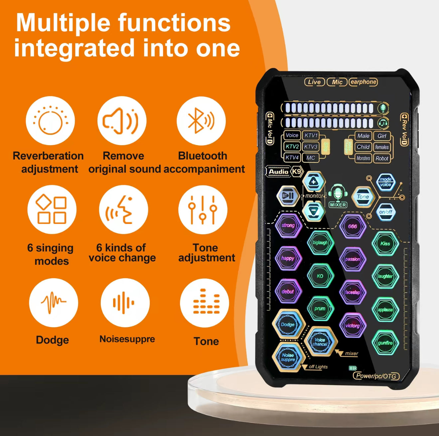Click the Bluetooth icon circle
coord(201,121)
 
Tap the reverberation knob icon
coord(50,121)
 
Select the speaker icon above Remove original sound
coord(122,121)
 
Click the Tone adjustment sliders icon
coord(203,210)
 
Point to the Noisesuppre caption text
coord(127,339)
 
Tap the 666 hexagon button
coord(353,226)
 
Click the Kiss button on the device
coord(385,244)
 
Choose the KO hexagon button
coord(320,276)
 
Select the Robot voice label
coord(382,159)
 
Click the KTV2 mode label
coord(292,147)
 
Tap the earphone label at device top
coord(363,82)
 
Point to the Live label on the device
coord(314,82)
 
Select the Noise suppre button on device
coord(288,357)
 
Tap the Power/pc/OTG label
coord(376,376)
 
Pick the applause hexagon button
coord(385,310)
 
